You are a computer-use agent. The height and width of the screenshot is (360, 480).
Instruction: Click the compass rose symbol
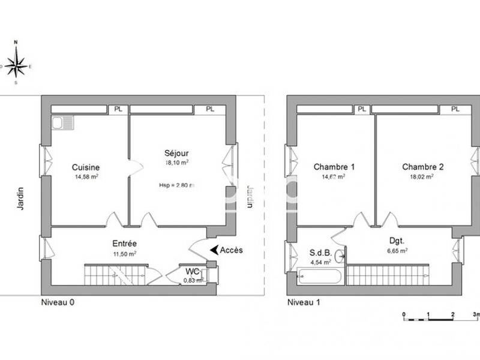[16, 63]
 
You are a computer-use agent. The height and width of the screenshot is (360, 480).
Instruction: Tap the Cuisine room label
[86, 167]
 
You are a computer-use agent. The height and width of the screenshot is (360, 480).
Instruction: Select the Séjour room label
[177, 152]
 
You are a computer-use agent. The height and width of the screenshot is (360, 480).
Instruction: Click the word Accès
[232, 250]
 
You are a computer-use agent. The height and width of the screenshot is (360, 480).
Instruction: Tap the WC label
[193, 271]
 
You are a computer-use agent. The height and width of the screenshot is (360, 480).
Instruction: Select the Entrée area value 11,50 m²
[125, 254]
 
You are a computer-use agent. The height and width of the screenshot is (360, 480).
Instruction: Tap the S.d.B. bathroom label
[320, 253]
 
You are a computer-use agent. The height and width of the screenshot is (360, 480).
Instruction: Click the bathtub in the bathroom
[320, 278]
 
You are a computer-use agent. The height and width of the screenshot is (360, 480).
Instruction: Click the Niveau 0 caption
[58, 302]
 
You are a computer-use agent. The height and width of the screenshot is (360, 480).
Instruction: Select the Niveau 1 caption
[304, 302]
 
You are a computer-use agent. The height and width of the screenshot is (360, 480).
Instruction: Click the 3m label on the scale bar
[476, 314]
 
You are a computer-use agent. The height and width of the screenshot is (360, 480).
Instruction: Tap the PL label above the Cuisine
[116, 109]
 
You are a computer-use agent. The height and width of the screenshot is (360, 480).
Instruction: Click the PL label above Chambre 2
[455, 109]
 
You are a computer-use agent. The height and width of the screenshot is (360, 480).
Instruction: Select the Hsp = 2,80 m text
[177, 185]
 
